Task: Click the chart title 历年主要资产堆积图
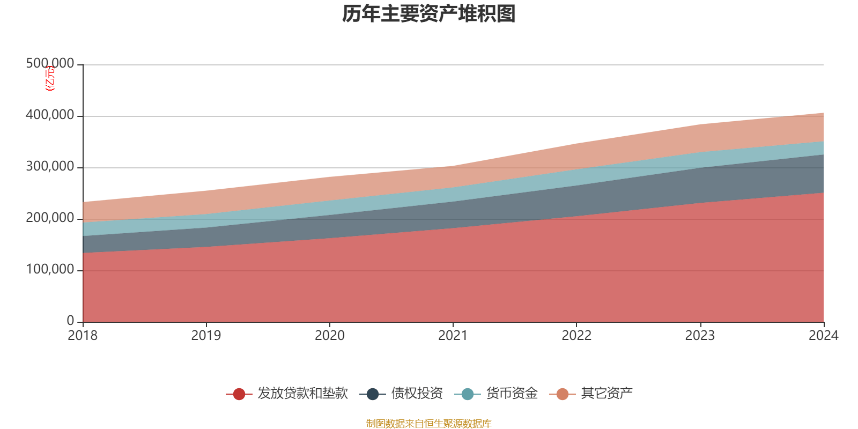pyautogui.click(x=429, y=14)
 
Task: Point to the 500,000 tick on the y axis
pyautogui.click(x=50, y=64)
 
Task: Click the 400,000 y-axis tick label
pyautogui.click(x=50, y=115)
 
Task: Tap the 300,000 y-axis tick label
pyautogui.click(x=50, y=167)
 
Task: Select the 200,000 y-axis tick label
pyautogui.click(x=50, y=218)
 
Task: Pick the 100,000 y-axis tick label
pyautogui.click(x=50, y=270)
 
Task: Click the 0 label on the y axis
pyautogui.click(x=70, y=321)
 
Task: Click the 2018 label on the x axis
pyautogui.click(x=83, y=336)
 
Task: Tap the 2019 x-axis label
pyautogui.click(x=206, y=336)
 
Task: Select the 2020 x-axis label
pyautogui.click(x=330, y=336)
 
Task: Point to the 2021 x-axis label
pyautogui.click(x=453, y=336)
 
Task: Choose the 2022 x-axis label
pyautogui.click(x=576, y=336)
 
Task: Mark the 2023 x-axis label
pyautogui.click(x=700, y=336)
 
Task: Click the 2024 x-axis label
pyautogui.click(x=823, y=336)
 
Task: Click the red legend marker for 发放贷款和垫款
pyautogui.click(x=239, y=394)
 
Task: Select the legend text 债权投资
pyautogui.click(x=417, y=394)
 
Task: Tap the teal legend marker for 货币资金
pyautogui.click(x=468, y=394)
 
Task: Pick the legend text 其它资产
pyautogui.click(x=606, y=394)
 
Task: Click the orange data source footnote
pyautogui.click(x=429, y=424)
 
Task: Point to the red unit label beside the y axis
pyautogui.click(x=49, y=79)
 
